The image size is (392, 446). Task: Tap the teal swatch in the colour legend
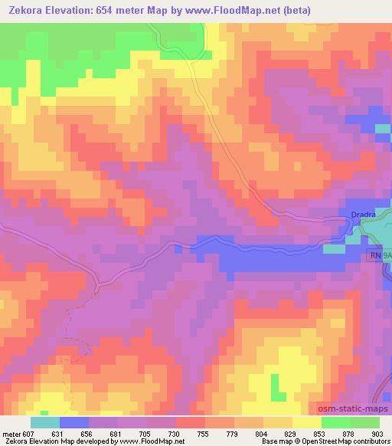coord(45,422)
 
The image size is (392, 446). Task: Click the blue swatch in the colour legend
coord(74,422)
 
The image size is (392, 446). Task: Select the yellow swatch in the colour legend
coord(307,422)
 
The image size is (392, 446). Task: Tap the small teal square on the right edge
coord(384,128)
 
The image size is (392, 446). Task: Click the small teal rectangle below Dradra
coord(334,248)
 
